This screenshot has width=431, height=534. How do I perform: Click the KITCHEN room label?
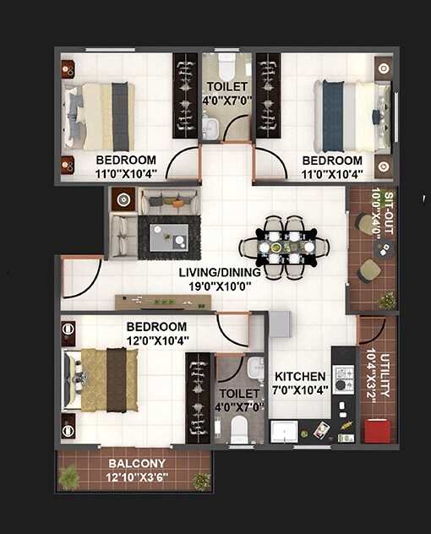pos(299,376)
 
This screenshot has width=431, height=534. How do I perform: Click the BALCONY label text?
pos(136,464)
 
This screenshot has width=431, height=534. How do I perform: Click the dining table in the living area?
pos(286,247)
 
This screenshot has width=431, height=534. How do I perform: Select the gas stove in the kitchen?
pos(343,378)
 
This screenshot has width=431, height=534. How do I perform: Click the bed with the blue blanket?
pos(346,116)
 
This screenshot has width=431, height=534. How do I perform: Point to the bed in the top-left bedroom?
pos(101,117)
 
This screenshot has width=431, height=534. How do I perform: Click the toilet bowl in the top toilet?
pos(226,67)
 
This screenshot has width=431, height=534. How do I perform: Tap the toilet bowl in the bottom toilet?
pos(239,430)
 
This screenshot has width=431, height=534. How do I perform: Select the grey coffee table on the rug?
pos(167,237)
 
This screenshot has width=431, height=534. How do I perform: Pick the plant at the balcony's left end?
pos(69,477)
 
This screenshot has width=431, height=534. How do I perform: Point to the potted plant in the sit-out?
pos(387,300)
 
